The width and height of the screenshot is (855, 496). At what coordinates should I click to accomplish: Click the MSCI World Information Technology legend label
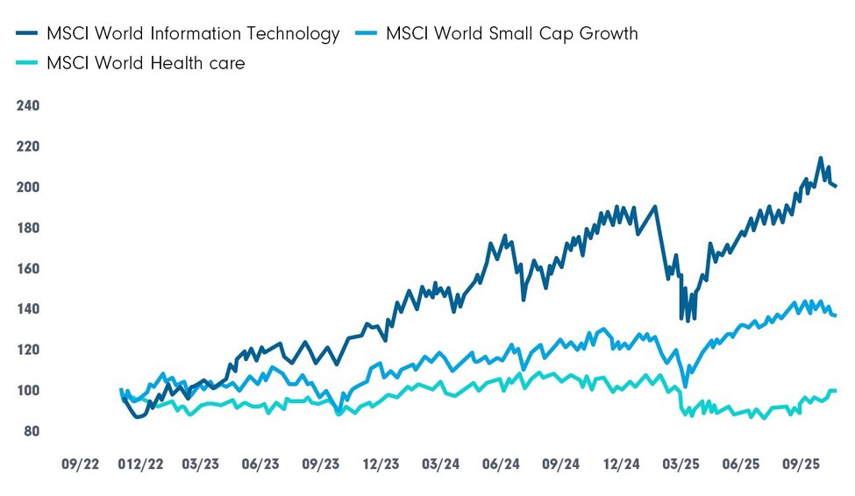click(193, 34)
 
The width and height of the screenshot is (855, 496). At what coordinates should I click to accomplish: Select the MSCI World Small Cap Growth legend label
click(511, 34)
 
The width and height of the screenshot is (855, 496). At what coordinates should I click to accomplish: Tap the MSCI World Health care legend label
click(146, 63)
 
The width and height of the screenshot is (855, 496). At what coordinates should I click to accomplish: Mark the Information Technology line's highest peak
click(820, 159)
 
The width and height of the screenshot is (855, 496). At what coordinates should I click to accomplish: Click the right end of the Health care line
click(835, 390)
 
